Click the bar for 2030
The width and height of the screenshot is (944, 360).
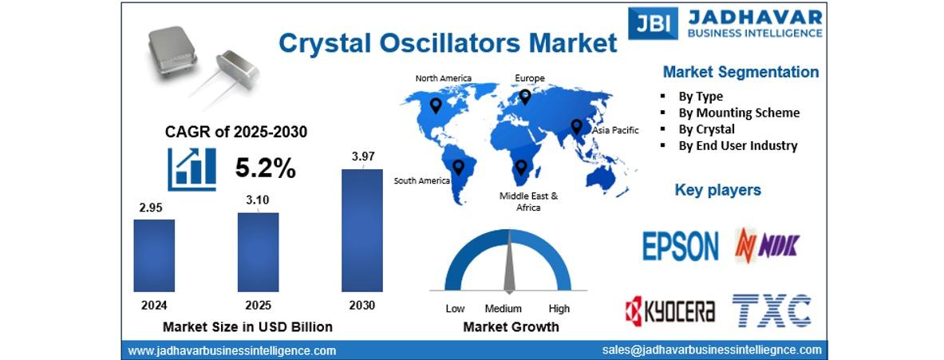coord(361,231)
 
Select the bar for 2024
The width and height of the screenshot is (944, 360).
coord(154,256)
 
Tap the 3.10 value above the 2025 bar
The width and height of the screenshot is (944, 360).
coord(258,200)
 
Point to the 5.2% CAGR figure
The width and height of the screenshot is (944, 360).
coord(266,169)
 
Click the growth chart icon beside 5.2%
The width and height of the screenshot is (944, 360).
coord(192,169)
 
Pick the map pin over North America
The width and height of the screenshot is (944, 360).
coord(435,106)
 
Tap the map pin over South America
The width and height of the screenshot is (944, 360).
coord(458,168)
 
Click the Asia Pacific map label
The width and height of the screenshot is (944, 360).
coord(615,130)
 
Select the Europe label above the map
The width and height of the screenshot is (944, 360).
coord(530,78)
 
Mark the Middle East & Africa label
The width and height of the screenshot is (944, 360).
coord(528,202)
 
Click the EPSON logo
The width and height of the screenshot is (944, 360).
coord(681,246)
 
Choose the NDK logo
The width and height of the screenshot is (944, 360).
coord(767,246)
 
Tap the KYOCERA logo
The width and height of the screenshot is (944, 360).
coord(670,311)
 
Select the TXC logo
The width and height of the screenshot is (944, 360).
coord(771,311)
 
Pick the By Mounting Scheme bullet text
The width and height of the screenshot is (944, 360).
coord(739,113)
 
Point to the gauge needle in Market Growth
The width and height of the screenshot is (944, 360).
coord(509,261)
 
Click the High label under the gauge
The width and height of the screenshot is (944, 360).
coord(559,309)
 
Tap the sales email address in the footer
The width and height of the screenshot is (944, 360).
coord(712,350)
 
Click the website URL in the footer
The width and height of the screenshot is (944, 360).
coord(231,350)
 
